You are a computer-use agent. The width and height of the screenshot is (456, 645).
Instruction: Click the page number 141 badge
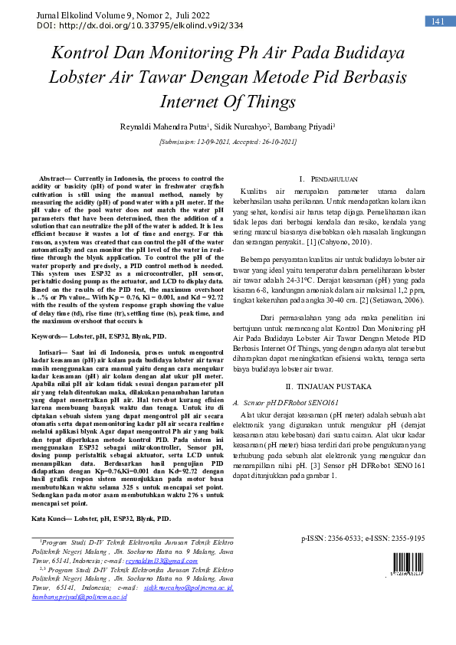[438, 21]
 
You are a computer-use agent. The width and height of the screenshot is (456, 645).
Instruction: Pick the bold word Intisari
[52, 354]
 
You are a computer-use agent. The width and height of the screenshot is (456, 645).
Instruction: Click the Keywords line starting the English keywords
[99, 336]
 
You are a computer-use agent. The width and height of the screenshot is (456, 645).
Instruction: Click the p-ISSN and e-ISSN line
[363, 539]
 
